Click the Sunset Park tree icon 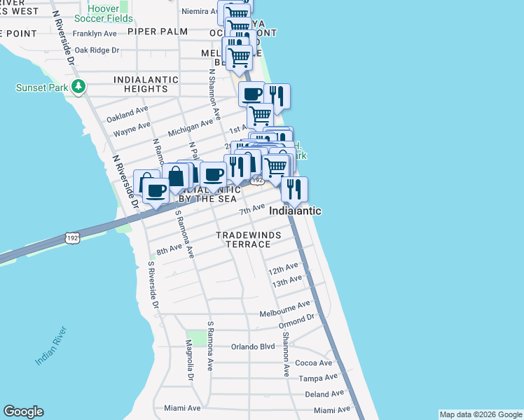81,87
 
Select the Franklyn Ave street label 95,33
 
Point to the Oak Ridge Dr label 97,50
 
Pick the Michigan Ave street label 190,127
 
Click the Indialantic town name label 295,211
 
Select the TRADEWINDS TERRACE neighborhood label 243,239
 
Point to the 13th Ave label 286,281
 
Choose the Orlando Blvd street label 253,346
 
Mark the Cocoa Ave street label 313,363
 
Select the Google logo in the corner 23,412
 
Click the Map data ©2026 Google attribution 480,414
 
